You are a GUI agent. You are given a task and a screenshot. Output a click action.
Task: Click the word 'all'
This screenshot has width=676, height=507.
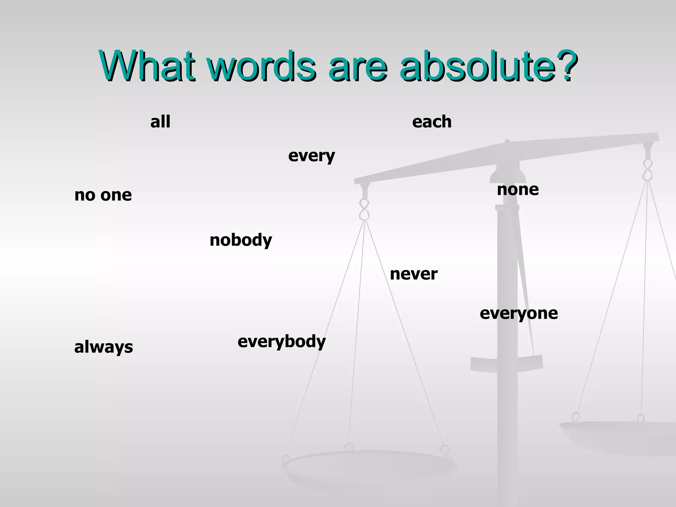click(160, 122)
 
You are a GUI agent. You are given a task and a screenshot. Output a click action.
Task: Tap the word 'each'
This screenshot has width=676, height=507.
click(432, 122)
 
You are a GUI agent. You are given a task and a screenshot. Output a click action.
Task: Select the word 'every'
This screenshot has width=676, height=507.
click(311, 156)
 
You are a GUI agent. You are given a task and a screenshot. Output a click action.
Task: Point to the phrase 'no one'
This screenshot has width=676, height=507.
click(103, 195)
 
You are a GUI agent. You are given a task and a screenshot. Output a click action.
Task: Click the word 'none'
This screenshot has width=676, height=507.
click(518, 190)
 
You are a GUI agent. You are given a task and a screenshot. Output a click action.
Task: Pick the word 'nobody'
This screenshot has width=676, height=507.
click(241, 240)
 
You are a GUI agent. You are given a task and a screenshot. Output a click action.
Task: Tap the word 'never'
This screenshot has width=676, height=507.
click(414, 274)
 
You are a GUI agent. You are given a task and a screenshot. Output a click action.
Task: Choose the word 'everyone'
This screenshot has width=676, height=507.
click(519, 313)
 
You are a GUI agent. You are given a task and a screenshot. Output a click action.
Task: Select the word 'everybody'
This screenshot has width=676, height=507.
click(282, 342)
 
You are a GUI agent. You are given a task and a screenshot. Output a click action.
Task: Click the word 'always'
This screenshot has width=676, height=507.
click(104, 347)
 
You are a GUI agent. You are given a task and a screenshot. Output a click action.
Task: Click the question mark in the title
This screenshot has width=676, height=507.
click(567, 66)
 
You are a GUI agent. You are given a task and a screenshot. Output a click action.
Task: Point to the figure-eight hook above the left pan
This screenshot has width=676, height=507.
click(364, 210)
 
